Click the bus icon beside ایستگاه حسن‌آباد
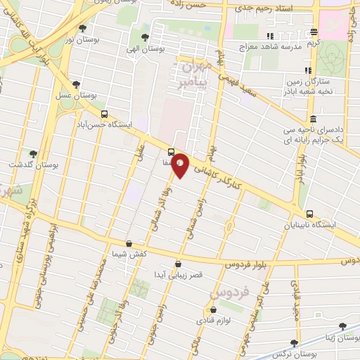104,114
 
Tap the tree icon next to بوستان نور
83,29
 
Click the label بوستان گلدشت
33,165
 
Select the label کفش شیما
127,254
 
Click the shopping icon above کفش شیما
128,243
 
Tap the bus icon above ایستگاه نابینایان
309,214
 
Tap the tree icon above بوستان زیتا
342,326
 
